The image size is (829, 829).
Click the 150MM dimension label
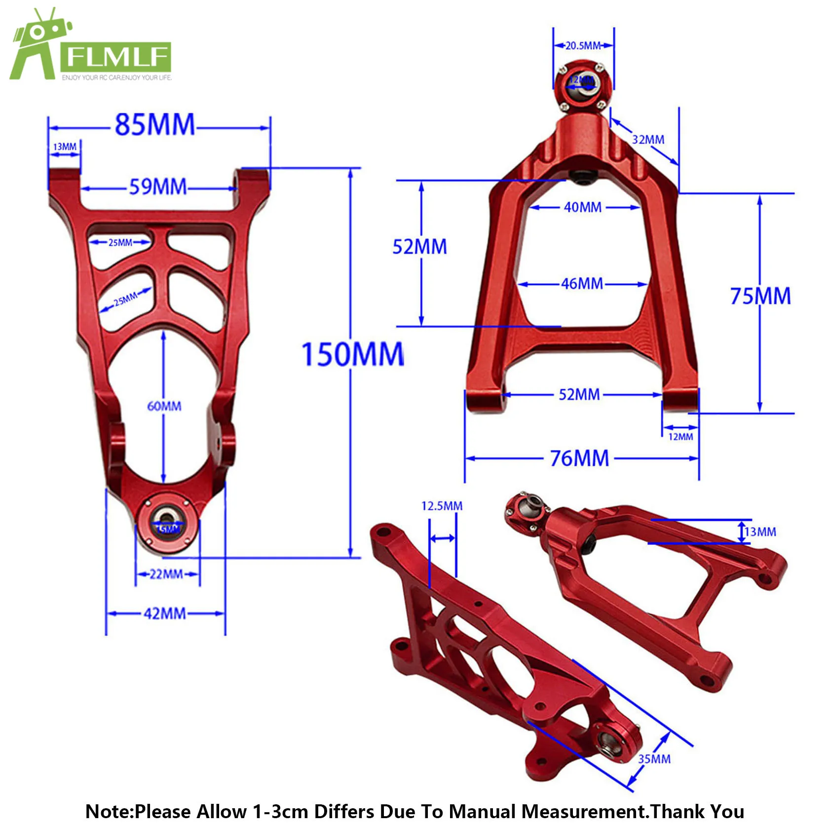pyautogui.click(x=352, y=355)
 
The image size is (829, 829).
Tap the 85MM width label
pyautogui.click(x=155, y=125)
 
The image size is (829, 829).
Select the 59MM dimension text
pyautogui.click(x=158, y=187)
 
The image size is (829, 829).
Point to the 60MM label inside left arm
pyautogui.click(x=164, y=406)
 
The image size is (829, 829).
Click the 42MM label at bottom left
pyautogui.click(x=165, y=614)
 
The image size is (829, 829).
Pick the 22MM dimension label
pyautogui.click(x=166, y=574)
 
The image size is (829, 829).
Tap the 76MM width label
pyautogui.click(x=580, y=458)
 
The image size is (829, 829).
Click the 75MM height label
pyautogui.click(x=760, y=296)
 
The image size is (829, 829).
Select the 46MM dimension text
pyautogui.click(x=582, y=284)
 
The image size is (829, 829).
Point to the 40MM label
pyautogui.click(x=583, y=207)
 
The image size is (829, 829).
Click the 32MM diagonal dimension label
pyautogui.click(x=648, y=140)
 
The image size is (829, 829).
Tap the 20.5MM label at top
pyautogui.click(x=583, y=46)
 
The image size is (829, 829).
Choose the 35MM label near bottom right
pyautogui.click(x=654, y=759)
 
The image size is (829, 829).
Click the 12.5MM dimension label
pyautogui.click(x=442, y=506)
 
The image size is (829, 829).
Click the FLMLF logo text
pyautogui.click(x=116, y=57)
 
